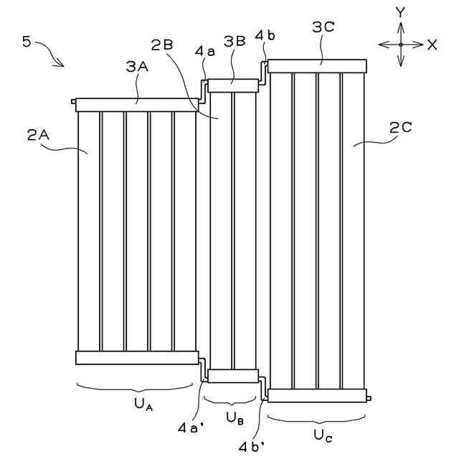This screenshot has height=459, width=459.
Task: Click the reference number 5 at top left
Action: (x=27, y=41)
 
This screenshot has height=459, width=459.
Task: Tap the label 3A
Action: (x=136, y=67)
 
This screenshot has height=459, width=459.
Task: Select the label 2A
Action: (x=39, y=135)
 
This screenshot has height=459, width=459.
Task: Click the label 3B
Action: (x=235, y=42)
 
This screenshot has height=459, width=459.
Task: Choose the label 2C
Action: (x=400, y=128)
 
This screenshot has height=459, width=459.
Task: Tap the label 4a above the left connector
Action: (x=204, y=52)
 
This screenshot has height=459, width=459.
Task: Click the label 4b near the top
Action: (x=263, y=35)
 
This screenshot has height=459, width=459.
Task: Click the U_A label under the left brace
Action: (x=141, y=404)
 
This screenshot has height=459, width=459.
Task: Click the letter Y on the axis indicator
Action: (x=401, y=11)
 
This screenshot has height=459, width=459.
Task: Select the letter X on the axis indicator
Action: (x=432, y=44)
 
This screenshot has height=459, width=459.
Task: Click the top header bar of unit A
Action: (x=136, y=105)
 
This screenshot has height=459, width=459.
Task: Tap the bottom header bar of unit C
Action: (x=316, y=395)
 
